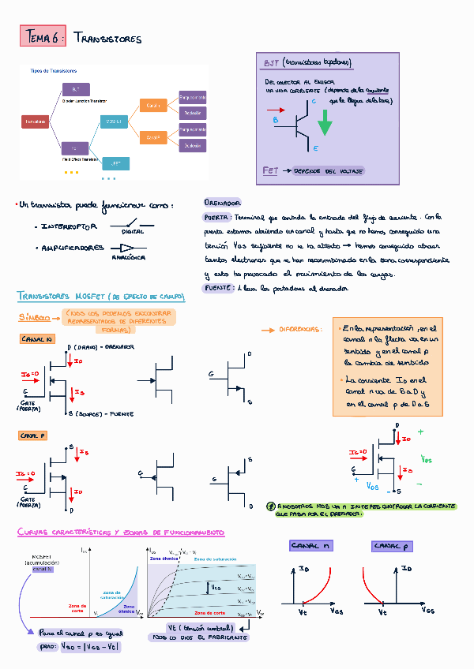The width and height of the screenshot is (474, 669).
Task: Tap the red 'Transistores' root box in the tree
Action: tap(35, 121)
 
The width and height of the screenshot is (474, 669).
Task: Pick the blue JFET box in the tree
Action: tap(115, 163)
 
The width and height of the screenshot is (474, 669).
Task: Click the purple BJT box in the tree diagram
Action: tap(75, 88)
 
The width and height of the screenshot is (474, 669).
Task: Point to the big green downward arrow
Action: tap(325, 121)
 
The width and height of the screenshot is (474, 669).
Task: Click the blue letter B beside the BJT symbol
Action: tap(276, 120)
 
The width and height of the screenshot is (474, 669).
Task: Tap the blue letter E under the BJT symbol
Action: tap(315, 148)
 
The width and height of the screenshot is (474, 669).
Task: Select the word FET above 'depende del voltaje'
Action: tap(269, 170)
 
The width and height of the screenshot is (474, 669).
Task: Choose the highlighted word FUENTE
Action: tap(217, 289)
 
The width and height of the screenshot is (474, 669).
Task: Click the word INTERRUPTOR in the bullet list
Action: tap(69, 226)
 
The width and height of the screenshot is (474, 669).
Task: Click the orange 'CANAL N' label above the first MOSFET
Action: tap(36, 338)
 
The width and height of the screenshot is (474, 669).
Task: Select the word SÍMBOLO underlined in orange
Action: tap(34, 317)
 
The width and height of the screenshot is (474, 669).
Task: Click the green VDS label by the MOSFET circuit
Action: tap(427, 458)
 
